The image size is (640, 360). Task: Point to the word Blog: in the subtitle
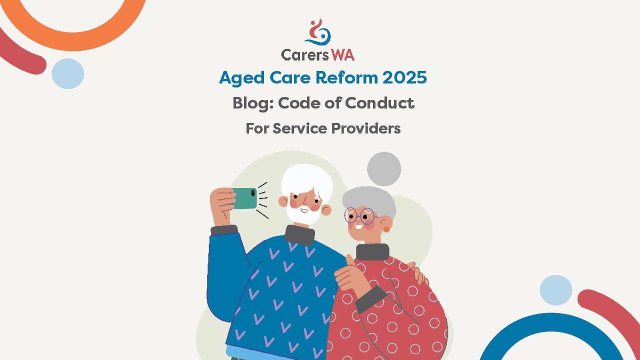[x=253, y=103]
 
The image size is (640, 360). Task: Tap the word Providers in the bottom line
[x=366, y=128]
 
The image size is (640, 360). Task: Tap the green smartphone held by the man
[x=244, y=198]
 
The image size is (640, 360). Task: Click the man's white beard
[x=303, y=213]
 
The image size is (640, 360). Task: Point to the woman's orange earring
[x=386, y=229]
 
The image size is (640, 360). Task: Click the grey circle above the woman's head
[x=384, y=169]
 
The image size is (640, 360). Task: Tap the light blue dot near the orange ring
[x=67, y=73]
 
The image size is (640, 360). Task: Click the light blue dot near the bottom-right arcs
[x=556, y=290]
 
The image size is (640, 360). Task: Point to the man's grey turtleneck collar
[x=299, y=235]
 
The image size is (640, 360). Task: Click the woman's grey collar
[x=372, y=251]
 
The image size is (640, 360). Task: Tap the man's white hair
[x=307, y=180]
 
